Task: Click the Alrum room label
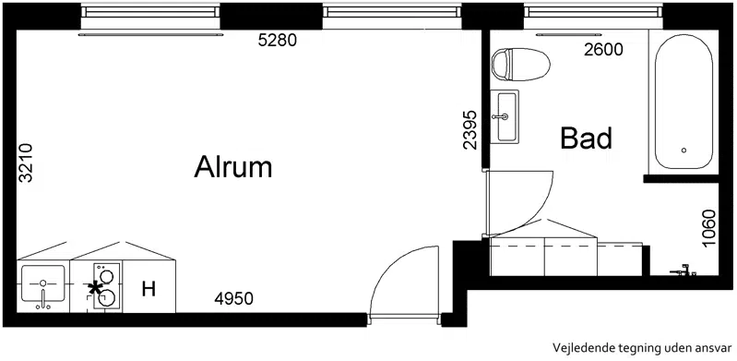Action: click(233, 167)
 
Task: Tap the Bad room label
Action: click(587, 138)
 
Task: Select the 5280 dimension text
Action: click(278, 41)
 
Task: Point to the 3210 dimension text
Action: click(25, 162)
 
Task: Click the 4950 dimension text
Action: click(233, 298)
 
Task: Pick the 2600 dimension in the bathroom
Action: click(603, 49)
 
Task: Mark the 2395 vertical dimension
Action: click(470, 129)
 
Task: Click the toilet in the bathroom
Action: click(521, 65)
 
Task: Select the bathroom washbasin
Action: click(505, 116)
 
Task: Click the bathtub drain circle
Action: click(684, 150)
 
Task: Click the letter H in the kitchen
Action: click(149, 289)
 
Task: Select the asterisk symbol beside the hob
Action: click(95, 287)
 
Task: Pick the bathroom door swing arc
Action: click(538, 212)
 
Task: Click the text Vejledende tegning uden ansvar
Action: click(642, 348)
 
